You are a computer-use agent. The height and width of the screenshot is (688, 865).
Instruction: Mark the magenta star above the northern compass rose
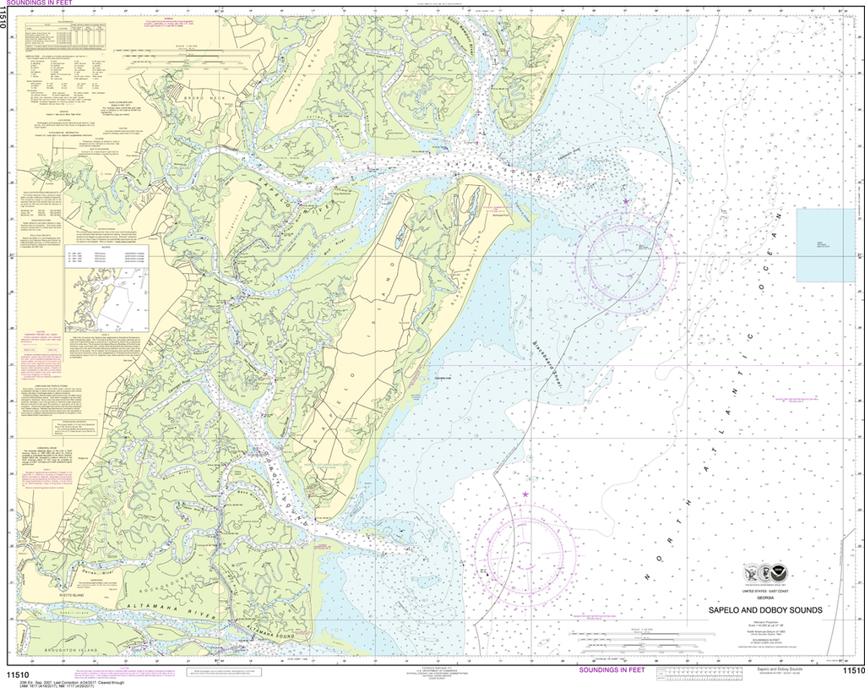click(626, 202)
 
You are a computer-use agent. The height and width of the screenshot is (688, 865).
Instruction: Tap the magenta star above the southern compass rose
click(525, 494)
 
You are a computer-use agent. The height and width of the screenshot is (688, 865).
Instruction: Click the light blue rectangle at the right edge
click(825, 245)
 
